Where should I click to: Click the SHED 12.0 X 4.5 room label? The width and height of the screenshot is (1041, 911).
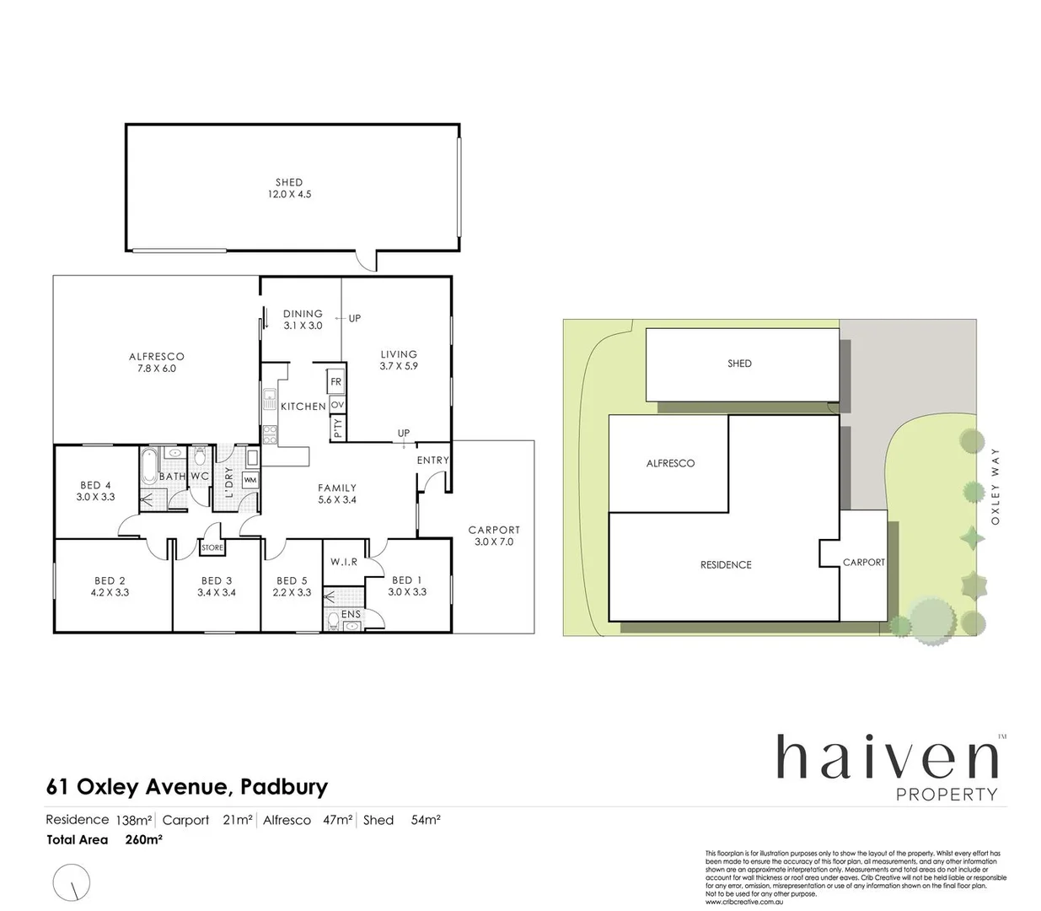pos(289,188)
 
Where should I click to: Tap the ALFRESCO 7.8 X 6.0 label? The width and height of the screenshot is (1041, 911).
pos(157,363)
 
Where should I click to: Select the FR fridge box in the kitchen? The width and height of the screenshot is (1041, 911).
pos(336,382)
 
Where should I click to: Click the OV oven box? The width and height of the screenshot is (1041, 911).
pos(337,406)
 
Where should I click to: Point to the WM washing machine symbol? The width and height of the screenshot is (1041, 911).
pos(250,480)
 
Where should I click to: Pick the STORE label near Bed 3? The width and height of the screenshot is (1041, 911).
pos(212,548)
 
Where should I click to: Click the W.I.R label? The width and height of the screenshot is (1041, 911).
pos(345,562)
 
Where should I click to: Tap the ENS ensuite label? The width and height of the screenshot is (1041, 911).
pos(351,614)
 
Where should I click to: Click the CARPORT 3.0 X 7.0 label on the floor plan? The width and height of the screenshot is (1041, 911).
pos(494,536)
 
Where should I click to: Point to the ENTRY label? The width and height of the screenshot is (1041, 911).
pos(433,461)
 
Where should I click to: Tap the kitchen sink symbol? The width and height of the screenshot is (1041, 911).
pos(270,398)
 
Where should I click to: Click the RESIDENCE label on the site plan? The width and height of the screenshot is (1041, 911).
pos(726,564)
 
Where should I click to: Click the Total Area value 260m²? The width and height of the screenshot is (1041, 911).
pos(143,840)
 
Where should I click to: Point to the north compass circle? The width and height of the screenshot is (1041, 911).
pos(72,883)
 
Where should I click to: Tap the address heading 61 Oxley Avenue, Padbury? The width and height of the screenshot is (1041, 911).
pos(186,788)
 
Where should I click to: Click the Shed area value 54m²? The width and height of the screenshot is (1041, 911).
pos(426,820)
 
